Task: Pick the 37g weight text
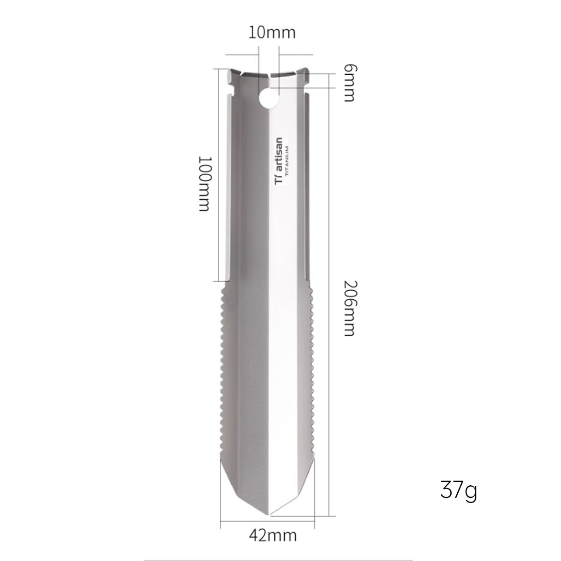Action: [458, 490]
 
